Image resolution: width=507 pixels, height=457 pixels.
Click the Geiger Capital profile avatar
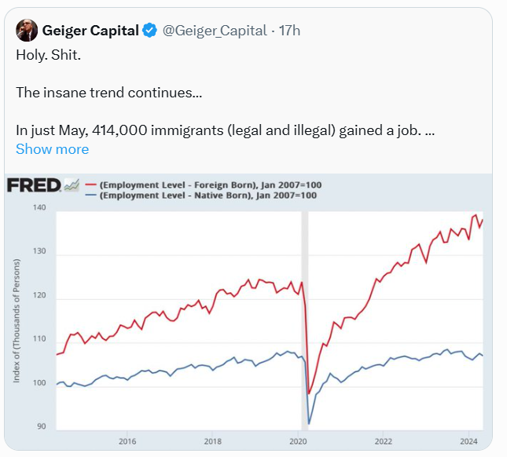coord(27,31)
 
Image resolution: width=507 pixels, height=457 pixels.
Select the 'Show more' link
coord(52,149)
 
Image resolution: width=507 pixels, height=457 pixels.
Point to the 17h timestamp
coord(290,31)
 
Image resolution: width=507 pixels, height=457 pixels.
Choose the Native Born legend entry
coord(209,196)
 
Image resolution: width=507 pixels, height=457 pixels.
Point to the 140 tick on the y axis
coord(39,207)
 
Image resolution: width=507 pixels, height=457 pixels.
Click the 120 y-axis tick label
coord(39,297)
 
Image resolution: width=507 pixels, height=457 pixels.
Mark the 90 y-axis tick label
coord(42,427)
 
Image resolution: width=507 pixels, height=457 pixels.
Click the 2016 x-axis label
coord(127,441)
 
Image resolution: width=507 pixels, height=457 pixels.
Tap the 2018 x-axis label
coord(212,441)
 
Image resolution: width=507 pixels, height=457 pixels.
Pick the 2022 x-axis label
coord(384,441)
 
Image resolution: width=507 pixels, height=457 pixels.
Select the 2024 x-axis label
coord(469,441)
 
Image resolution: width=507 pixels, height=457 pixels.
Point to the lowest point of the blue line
coord(309,424)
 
